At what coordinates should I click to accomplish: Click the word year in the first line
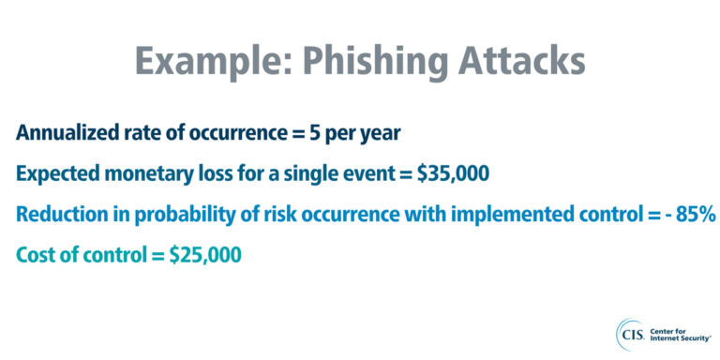coord(380,133)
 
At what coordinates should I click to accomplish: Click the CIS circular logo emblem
coord(629,333)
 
